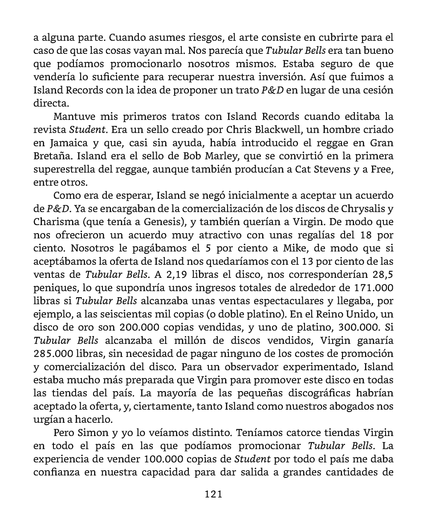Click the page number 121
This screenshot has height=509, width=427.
[x=213, y=494]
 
